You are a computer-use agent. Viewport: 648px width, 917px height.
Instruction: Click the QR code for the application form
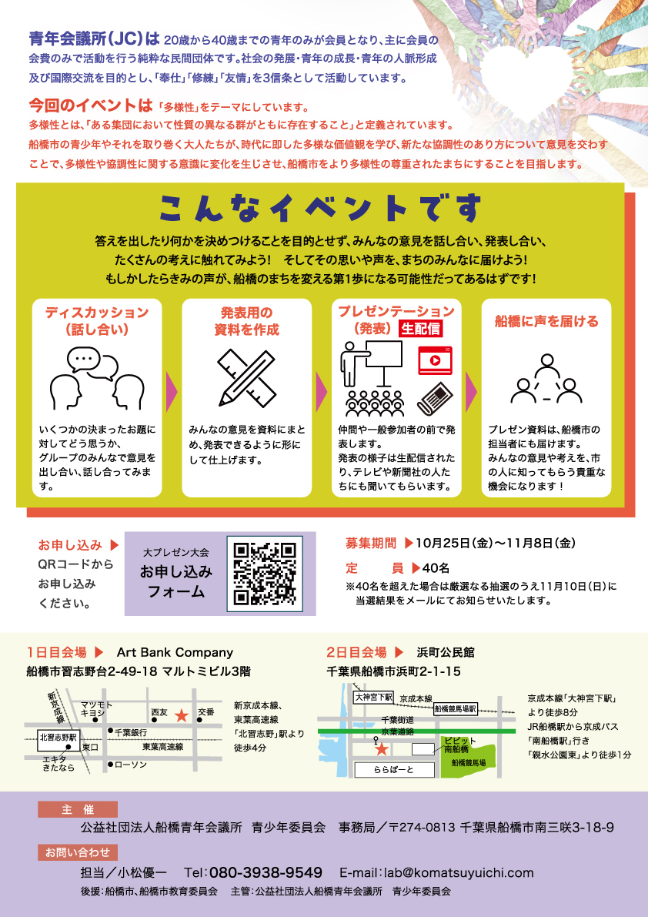coord(265,574)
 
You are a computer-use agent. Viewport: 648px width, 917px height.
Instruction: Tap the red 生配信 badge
coord(420,329)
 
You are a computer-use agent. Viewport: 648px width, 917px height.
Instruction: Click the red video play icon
coord(435,360)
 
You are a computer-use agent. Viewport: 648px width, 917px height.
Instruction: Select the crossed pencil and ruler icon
coord(246,378)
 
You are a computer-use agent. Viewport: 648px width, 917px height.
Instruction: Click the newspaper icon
coord(435,399)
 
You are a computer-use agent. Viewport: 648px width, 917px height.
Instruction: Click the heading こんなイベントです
coord(321,209)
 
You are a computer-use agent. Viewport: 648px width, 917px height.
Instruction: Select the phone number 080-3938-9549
coord(266,872)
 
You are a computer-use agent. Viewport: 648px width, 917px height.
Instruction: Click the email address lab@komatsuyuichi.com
coord(459,872)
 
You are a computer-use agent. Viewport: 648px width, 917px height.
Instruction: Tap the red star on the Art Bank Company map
coord(182,715)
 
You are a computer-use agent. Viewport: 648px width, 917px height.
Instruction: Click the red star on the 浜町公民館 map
coord(381,748)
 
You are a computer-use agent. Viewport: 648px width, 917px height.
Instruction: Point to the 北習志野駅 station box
coord(58,738)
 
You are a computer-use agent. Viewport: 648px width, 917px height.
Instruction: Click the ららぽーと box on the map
coord(394,770)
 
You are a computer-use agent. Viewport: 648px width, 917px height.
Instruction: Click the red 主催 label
coord(78,810)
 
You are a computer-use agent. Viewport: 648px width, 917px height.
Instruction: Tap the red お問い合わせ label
coord(78,852)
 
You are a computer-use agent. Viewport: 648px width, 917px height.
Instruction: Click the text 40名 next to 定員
coord(436,568)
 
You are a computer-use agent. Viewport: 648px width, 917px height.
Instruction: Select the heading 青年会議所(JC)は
coord(94,39)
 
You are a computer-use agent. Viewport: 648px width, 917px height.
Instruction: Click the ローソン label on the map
coord(130,765)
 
